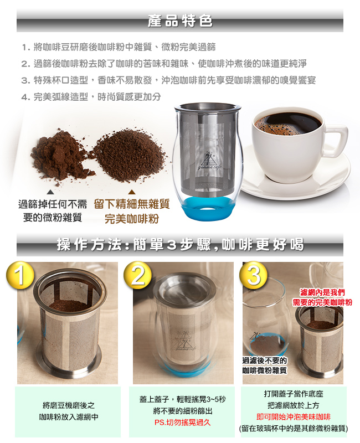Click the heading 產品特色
(x=180, y=20)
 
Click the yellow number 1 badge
(x=20, y=275)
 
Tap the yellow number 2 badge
(x=137, y=275)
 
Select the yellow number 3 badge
(x=254, y=275)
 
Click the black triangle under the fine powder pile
(x=50, y=192)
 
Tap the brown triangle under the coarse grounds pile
(x=132, y=192)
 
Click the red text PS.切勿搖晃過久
(x=182, y=423)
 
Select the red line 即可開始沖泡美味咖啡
(x=294, y=417)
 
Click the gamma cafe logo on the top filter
(x=209, y=161)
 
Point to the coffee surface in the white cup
(x=287, y=124)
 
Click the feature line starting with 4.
(x=91, y=97)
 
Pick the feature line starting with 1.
(x=119, y=47)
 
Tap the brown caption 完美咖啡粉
(x=132, y=219)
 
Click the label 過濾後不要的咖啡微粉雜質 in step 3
(x=265, y=365)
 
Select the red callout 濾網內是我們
(x=322, y=292)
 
